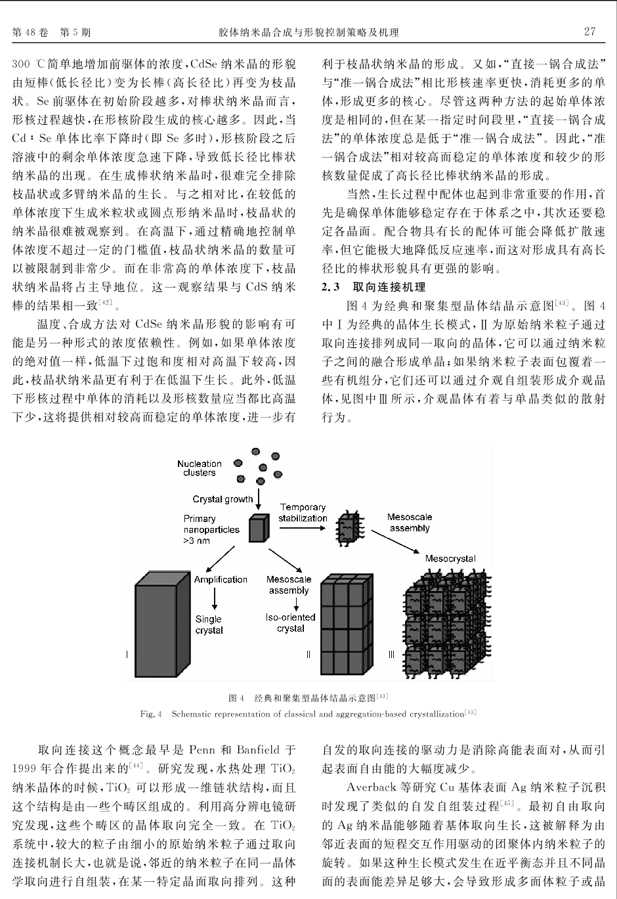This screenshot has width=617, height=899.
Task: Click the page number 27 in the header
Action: (x=589, y=32)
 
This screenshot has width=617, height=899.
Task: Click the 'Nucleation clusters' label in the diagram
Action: (x=199, y=468)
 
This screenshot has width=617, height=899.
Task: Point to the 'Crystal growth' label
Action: (x=223, y=499)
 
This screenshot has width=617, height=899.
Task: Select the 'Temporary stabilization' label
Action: (x=303, y=512)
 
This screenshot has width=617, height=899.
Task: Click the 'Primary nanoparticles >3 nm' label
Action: (x=211, y=529)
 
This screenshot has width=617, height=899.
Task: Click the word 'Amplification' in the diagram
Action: (x=221, y=579)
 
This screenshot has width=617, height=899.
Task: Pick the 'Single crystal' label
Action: (x=209, y=625)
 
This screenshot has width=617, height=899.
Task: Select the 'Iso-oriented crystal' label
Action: (x=290, y=623)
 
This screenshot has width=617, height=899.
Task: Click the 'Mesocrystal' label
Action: (x=450, y=559)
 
